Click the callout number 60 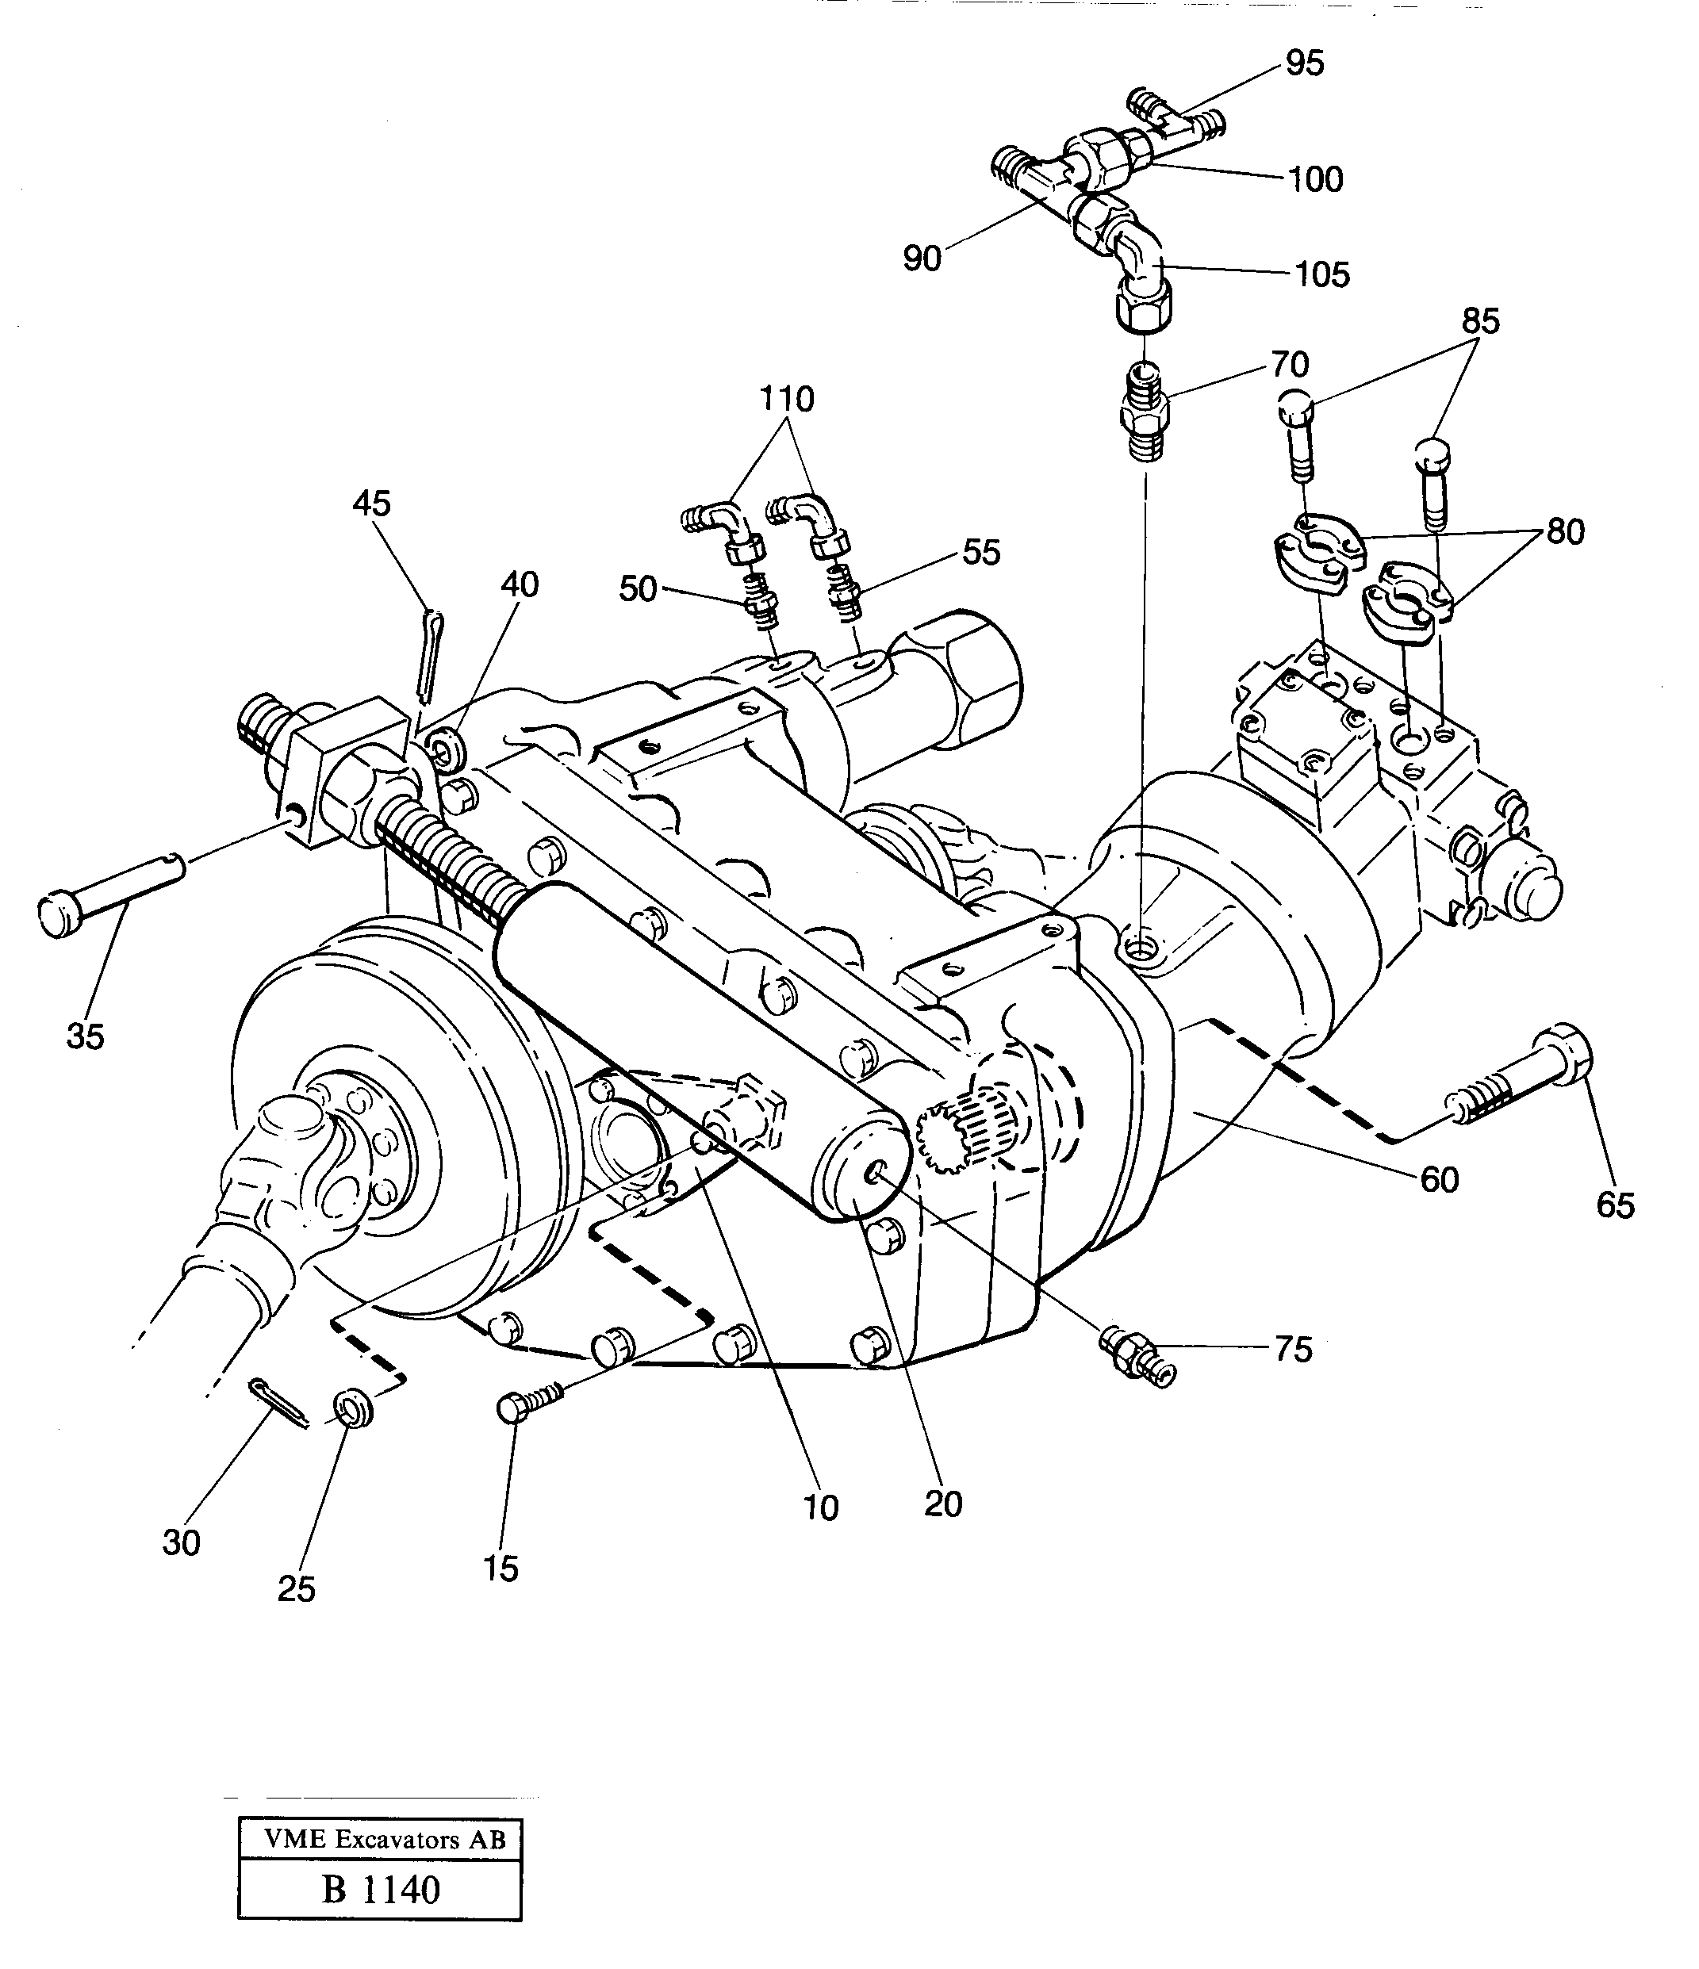(1439, 1179)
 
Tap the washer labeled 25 (353, 1408)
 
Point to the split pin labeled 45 (425, 656)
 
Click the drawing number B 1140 (380, 1890)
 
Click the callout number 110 (786, 399)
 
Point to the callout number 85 (1480, 321)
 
